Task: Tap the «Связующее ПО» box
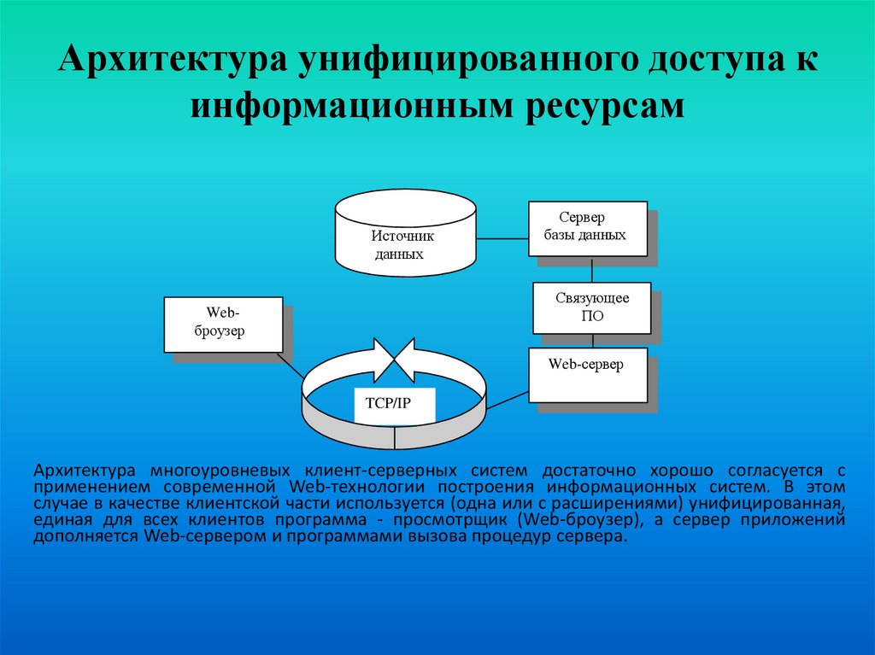point(591,307)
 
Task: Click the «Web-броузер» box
point(223,324)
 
